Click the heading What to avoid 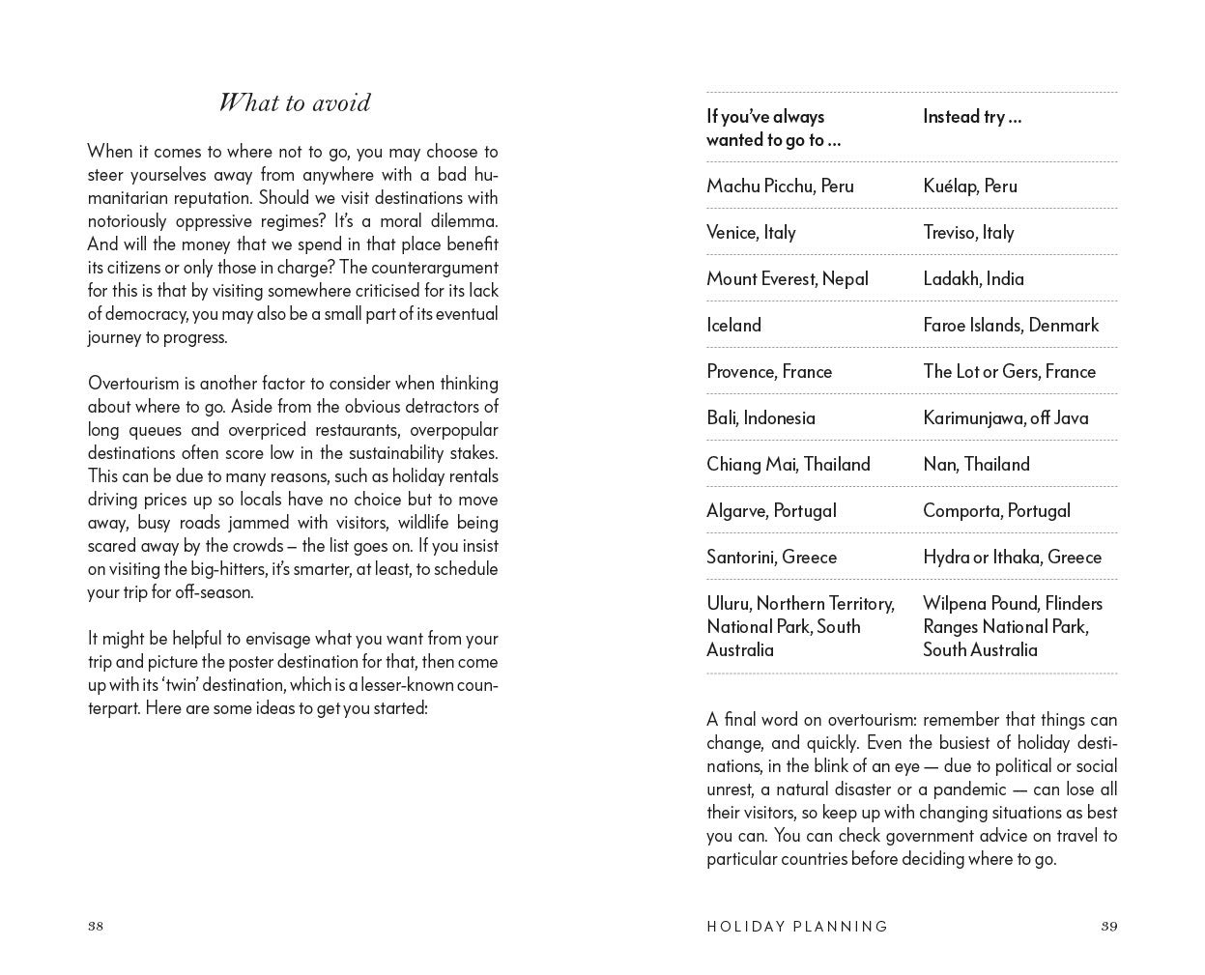(294, 103)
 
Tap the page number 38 (96, 926)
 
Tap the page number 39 (1108, 926)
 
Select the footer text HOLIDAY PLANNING (797, 926)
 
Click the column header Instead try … (971, 117)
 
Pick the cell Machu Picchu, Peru (780, 186)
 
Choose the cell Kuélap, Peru (969, 186)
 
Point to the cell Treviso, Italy (968, 232)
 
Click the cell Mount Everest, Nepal (787, 278)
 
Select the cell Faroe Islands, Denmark (1010, 325)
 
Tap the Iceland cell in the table (733, 325)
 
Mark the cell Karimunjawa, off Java (1005, 417)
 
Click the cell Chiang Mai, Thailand (788, 464)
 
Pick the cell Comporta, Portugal (996, 510)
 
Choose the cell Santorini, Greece (771, 557)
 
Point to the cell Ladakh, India (973, 278)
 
